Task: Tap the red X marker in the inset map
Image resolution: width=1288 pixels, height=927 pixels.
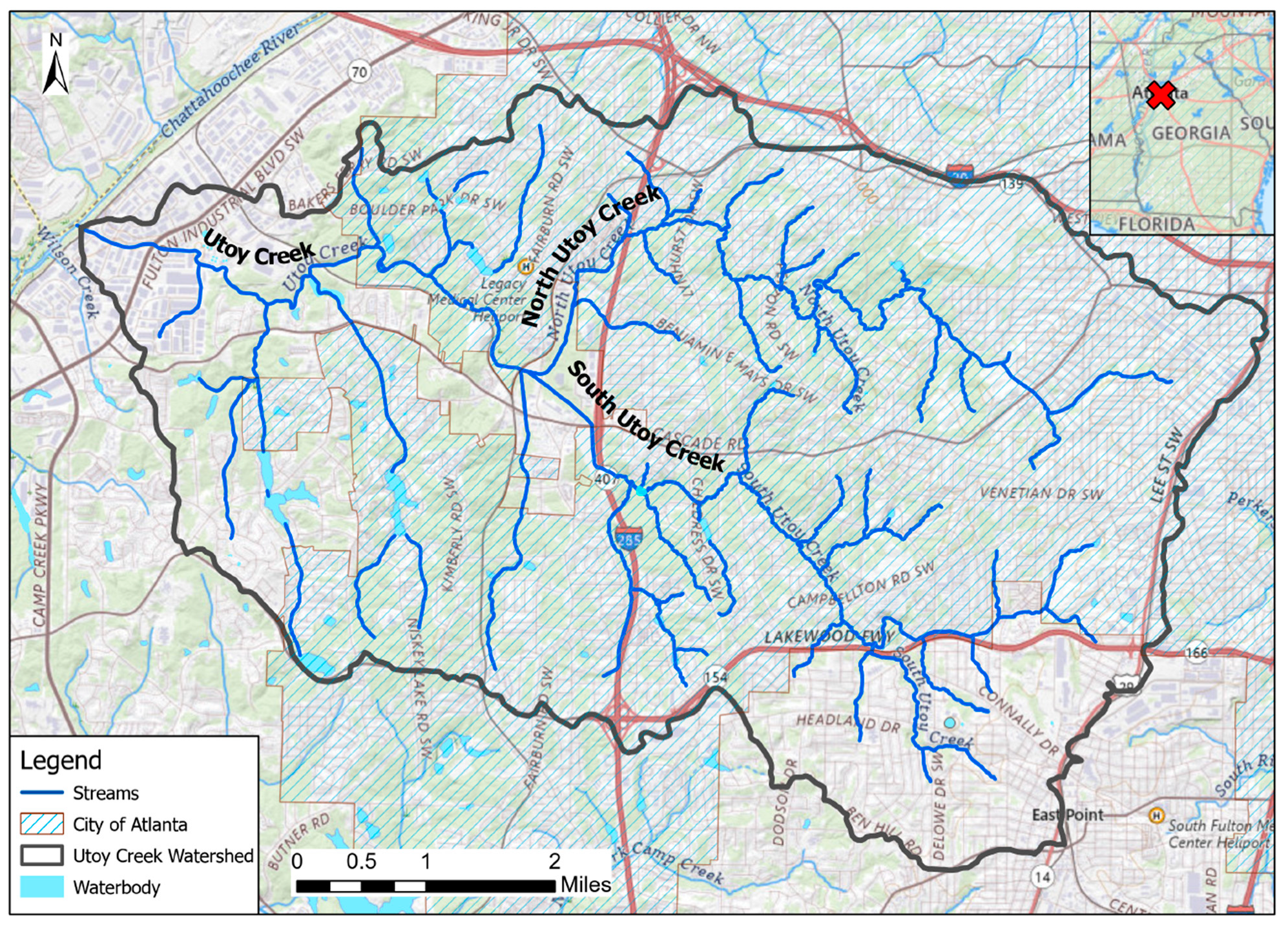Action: coord(1161,95)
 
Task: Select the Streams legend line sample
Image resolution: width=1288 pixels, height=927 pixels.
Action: coord(42,793)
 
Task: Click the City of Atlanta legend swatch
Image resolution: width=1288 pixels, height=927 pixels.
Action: coord(42,824)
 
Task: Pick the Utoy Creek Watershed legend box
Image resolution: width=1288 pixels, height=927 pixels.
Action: coord(42,855)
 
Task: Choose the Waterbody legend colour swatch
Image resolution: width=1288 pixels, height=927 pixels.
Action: coord(42,886)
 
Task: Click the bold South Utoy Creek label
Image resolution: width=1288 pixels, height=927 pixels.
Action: coord(645,417)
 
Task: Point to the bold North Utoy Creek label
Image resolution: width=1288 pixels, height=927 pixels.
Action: coord(590,255)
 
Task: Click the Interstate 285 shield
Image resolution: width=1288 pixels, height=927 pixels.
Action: coord(628,539)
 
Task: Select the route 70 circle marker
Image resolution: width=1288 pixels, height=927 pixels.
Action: coord(360,72)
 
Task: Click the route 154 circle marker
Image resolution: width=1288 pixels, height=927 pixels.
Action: coord(715,677)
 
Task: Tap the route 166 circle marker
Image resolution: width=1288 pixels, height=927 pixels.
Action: coord(1196,652)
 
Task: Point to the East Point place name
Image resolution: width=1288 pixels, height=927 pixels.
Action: coord(1067,815)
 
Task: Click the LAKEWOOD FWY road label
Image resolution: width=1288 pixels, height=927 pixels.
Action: coord(829,637)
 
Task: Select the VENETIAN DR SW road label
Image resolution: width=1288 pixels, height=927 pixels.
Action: coord(1041,494)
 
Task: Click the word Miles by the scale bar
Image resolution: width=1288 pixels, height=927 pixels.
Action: coord(585,884)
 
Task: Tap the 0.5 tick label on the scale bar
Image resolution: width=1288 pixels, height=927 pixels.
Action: coord(361,861)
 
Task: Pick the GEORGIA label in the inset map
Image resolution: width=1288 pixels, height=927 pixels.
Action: coord(1191,133)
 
